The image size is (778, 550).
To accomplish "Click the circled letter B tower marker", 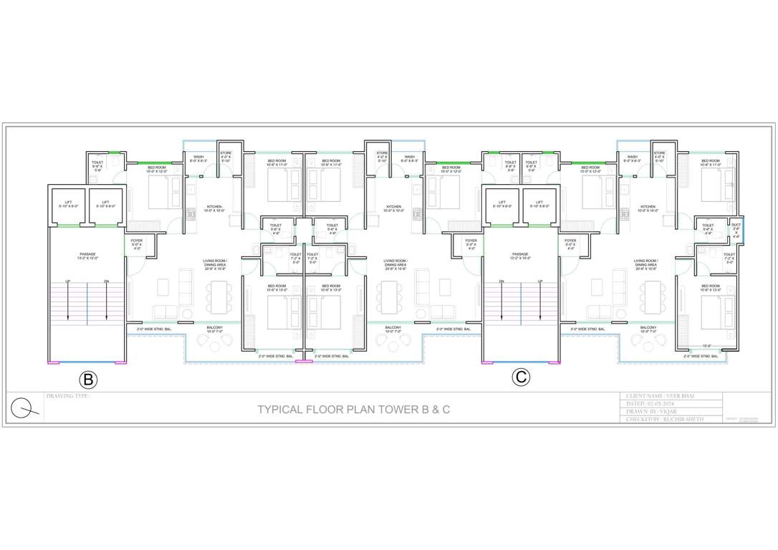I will tap(87, 379).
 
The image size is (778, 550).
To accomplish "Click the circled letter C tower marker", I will tap(521, 377).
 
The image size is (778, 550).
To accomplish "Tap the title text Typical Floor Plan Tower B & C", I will tap(354, 410).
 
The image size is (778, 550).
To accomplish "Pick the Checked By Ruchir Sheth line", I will tap(664, 420).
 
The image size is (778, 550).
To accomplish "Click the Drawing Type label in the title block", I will tap(68, 396).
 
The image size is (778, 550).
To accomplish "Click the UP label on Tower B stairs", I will tap(68, 281).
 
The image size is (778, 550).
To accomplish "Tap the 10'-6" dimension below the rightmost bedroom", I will tap(707, 346).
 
